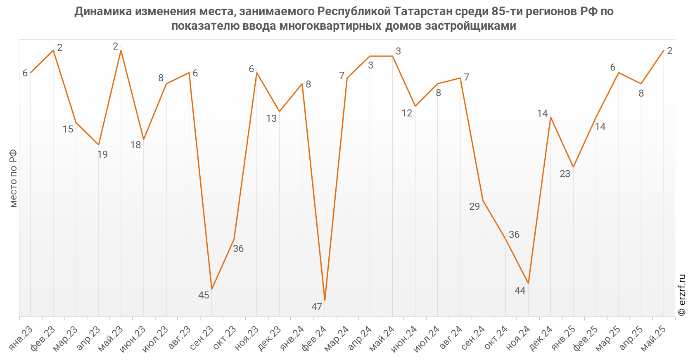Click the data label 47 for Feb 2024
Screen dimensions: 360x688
[x=317, y=307]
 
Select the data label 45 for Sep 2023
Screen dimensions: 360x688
[x=204, y=295]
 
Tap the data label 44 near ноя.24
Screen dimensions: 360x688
[x=520, y=291]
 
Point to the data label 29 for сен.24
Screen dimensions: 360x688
[x=474, y=206]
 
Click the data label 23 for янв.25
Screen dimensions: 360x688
[x=565, y=174]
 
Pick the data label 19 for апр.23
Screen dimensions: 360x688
[x=102, y=154]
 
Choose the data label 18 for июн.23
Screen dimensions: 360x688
[x=135, y=145]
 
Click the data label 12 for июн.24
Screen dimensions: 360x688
[x=407, y=113]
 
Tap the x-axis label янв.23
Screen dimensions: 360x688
[x=21, y=338]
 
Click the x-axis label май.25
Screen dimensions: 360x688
[x=654, y=338]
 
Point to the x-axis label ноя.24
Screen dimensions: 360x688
[x=518, y=338]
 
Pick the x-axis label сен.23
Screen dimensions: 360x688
[x=202, y=338]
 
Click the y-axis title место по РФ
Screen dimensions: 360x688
[x=13, y=178]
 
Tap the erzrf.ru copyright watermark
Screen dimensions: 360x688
[x=682, y=295]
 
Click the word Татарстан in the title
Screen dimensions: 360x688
[x=423, y=12]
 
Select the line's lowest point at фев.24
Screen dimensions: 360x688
[x=325, y=300]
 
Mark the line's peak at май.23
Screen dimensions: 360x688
[x=121, y=50]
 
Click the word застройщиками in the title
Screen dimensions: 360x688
[x=471, y=26]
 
